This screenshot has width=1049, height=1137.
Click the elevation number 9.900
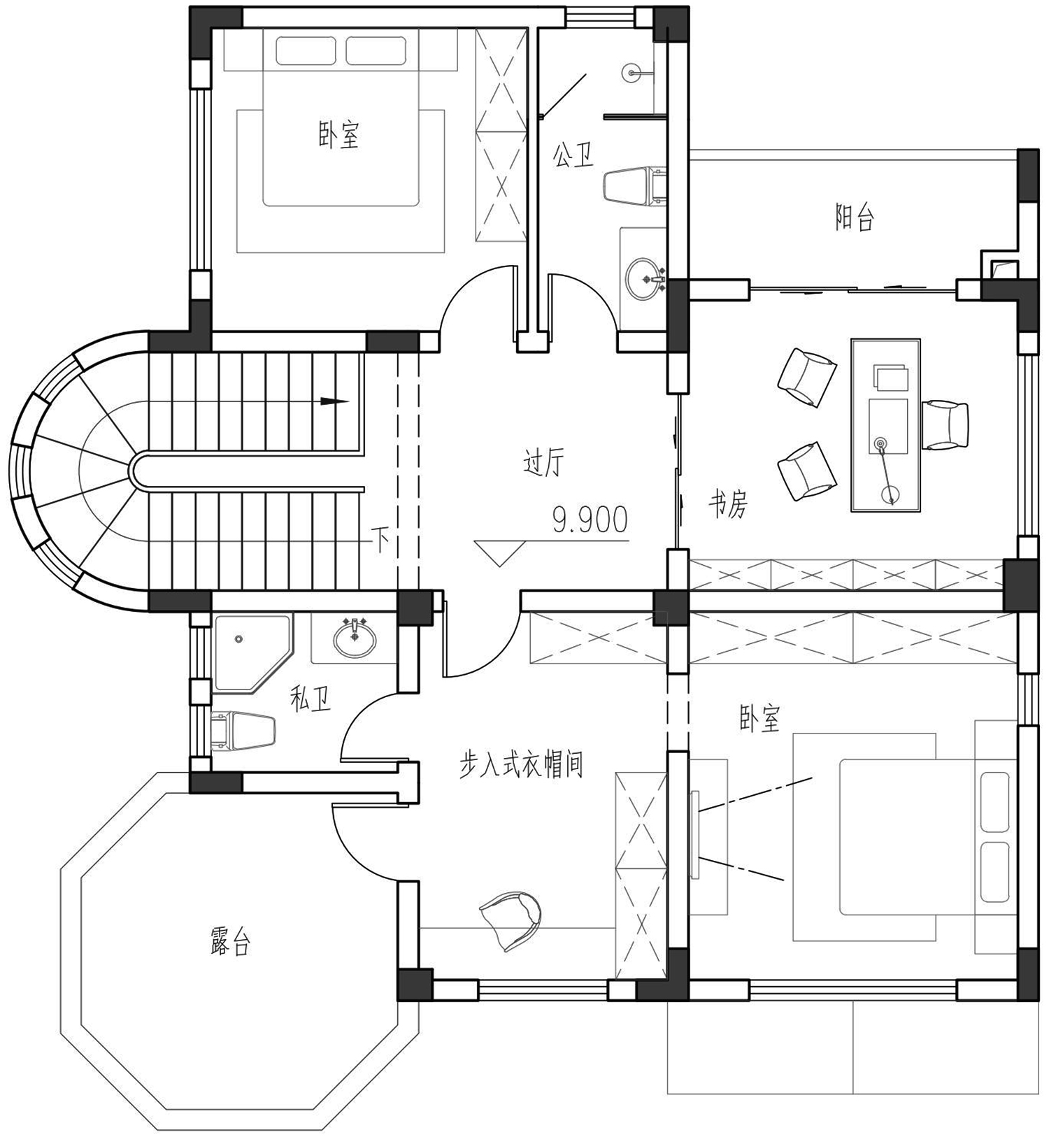click(x=590, y=520)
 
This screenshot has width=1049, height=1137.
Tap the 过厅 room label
click(x=543, y=463)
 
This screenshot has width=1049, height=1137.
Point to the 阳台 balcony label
click(x=855, y=217)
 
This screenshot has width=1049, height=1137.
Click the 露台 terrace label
click(x=229, y=942)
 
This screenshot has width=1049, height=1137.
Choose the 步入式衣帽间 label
click(x=521, y=765)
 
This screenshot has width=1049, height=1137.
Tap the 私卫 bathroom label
click(x=311, y=699)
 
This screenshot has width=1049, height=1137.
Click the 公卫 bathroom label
click(x=573, y=155)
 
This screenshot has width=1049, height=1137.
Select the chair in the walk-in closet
click(x=511, y=920)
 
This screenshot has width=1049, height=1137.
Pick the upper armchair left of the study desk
click(x=806, y=377)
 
